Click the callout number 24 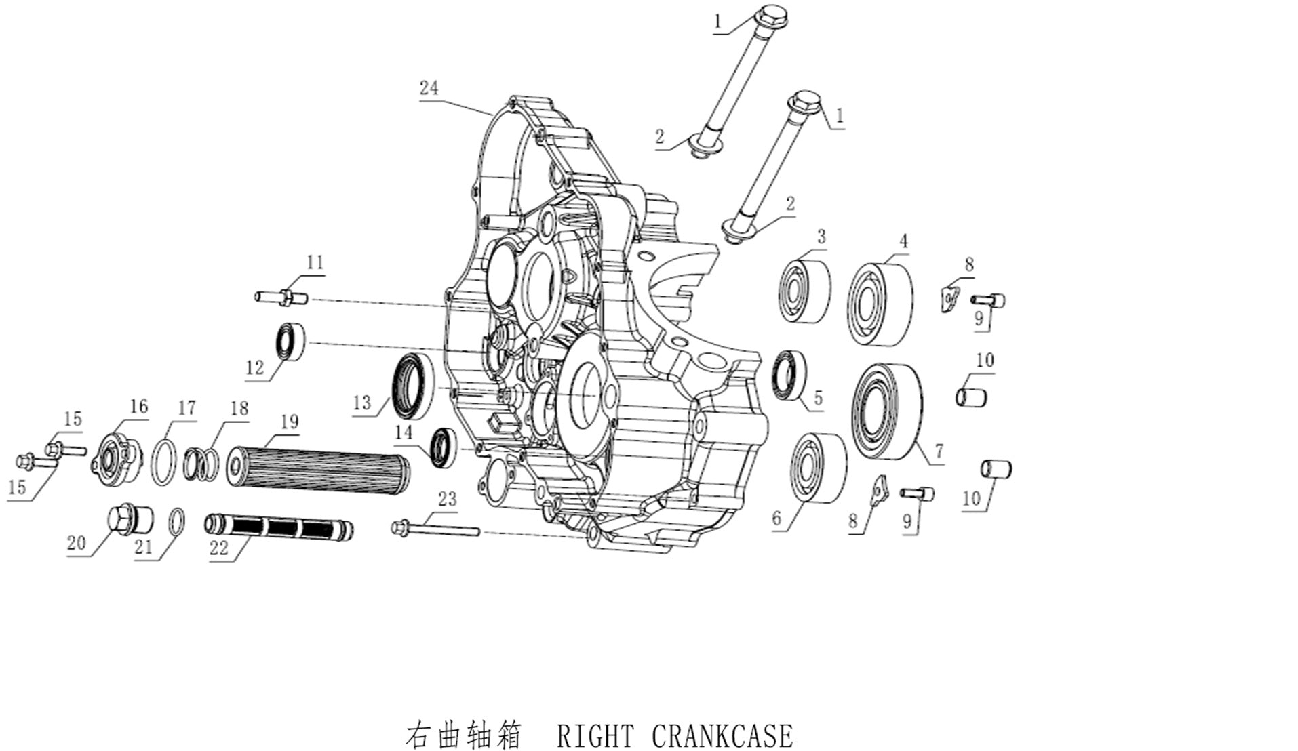[429, 88]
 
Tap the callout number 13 [362, 403]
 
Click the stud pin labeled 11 [281, 297]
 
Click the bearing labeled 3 [804, 289]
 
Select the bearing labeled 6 [819, 467]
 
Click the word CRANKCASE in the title [722, 735]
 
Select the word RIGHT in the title [595, 735]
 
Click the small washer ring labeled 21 [176, 523]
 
